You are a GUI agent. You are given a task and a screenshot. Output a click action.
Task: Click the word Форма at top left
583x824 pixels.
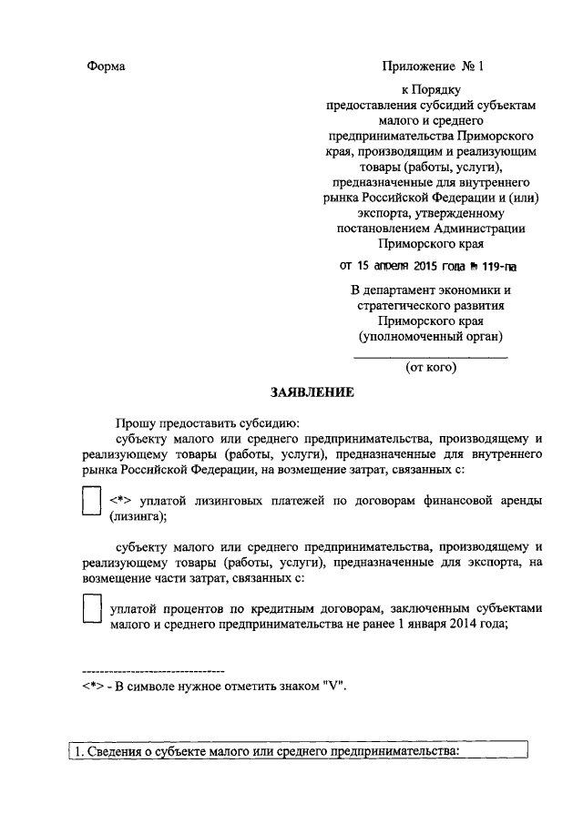point(106,66)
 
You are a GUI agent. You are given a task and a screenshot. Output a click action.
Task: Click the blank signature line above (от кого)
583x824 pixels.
point(431,357)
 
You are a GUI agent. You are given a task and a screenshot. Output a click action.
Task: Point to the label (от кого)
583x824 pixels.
point(431,369)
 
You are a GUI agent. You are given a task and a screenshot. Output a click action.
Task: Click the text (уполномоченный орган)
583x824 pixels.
point(431,337)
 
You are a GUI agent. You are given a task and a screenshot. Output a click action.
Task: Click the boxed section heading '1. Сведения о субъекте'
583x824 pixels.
point(263,751)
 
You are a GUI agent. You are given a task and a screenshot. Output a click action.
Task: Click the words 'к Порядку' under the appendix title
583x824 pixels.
point(431,90)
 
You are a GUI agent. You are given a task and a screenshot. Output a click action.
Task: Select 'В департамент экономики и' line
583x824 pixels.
point(431,290)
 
